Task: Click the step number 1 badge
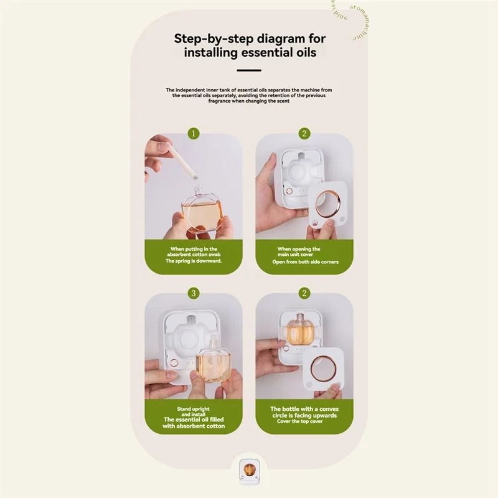coord(194,134)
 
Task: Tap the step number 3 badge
coord(194,293)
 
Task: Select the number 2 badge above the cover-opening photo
coord(304,134)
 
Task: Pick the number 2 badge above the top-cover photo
coord(304,293)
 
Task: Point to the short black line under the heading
coord(249,71)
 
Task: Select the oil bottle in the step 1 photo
coord(202,212)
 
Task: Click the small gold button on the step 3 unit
coord(174,362)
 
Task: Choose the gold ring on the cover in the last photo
coord(323,369)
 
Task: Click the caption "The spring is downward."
coord(193,261)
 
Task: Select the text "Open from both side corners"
coord(304,262)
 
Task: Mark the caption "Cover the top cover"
coord(304,421)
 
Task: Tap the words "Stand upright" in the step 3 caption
coord(193,409)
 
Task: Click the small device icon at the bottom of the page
coord(249,470)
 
